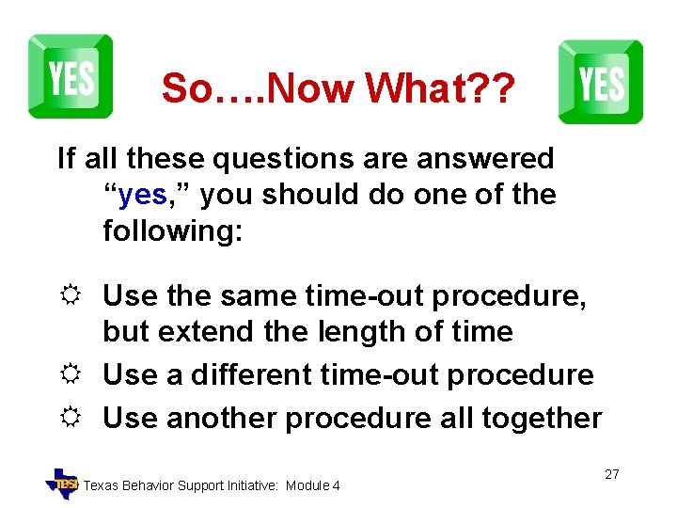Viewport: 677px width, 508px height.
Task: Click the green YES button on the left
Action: pos(71,76)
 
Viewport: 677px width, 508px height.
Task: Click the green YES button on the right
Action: pos(601,82)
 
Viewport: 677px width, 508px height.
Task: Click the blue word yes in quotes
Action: pos(143,195)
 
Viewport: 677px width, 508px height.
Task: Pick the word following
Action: pos(172,230)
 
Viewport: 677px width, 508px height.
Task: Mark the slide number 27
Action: pos(611,474)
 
